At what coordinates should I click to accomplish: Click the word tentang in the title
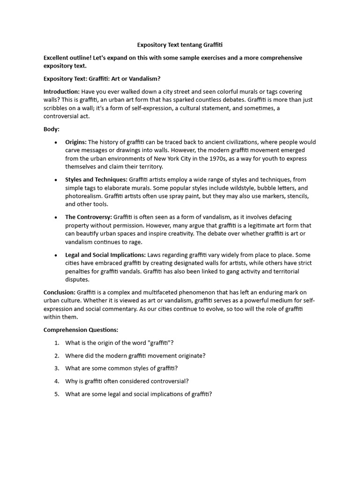coord(190,45)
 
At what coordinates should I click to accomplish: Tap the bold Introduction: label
coord(61,91)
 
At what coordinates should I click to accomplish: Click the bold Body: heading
coord(52,129)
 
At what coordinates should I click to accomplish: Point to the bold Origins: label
coord(75,142)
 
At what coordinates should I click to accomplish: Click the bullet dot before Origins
coord(56,142)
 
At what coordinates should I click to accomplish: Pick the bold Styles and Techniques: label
coord(96,179)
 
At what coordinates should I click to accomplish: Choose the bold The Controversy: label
coord(88,217)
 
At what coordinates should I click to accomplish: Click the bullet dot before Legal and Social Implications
coord(56,255)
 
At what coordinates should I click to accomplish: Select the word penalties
coord(78,271)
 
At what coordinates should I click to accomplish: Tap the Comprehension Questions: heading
coord(77,330)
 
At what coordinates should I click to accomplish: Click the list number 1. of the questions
coord(56,343)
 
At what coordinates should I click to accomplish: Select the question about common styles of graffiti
coord(121,368)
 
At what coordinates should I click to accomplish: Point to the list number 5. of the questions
coord(56,394)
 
